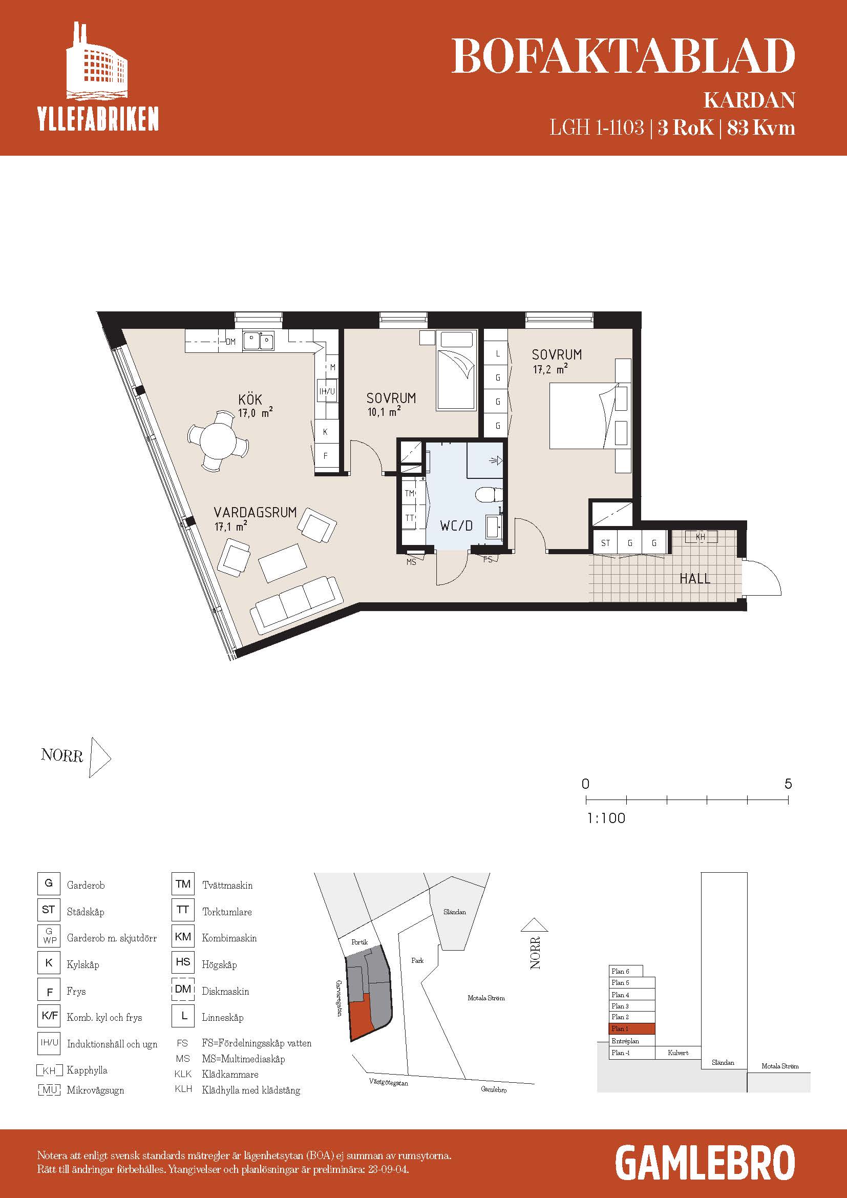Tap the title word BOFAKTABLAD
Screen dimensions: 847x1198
pyautogui.click(x=623, y=56)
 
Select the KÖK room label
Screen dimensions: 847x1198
pyautogui.click(x=250, y=400)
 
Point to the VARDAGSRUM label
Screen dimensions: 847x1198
pyautogui.click(x=255, y=512)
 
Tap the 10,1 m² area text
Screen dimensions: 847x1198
pyautogui.click(x=384, y=412)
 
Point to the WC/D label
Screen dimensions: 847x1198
pyautogui.click(x=456, y=526)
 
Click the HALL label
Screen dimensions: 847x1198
pyautogui.click(x=695, y=578)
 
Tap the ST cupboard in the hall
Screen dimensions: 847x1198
pyautogui.click(x=605, y=542)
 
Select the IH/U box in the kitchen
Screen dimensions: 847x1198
pyautogui.click(x=327, y=391)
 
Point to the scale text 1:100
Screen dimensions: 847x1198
pyautogui.click(x=606, y=817)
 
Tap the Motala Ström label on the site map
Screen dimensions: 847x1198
pyautogui.click(x=486, y=998)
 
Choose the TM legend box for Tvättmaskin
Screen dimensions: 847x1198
pyautogui.click(x=183, y=884)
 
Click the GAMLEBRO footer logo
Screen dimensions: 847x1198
pyautogui.click(x=705, y=1163)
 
